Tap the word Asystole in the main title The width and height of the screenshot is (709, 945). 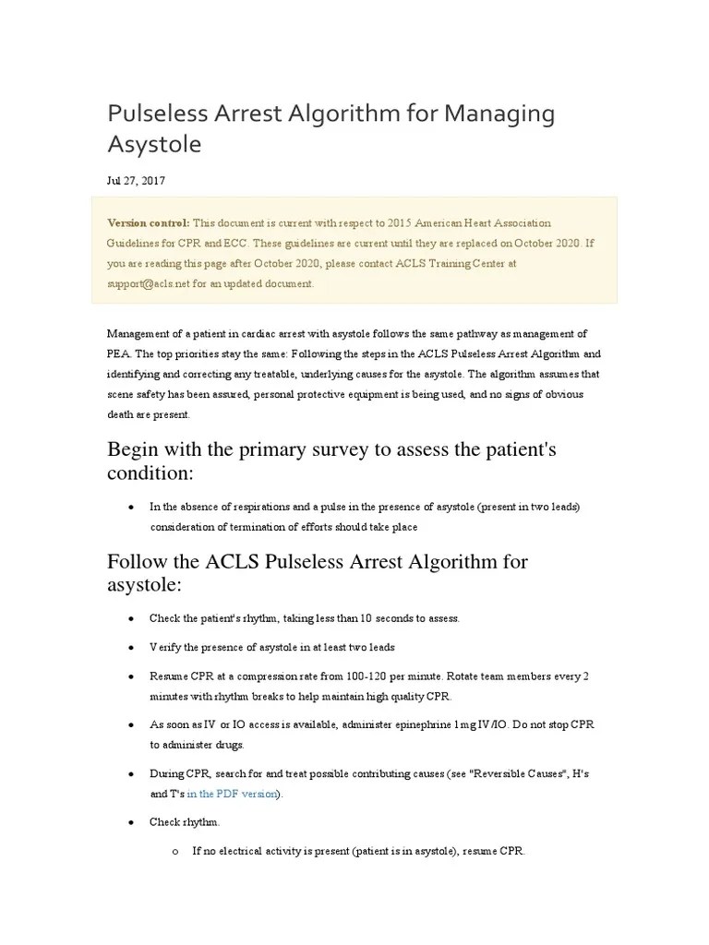point(154,145)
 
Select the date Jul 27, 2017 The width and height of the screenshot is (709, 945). point(136,181)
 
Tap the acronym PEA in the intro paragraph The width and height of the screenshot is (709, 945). point(119,353)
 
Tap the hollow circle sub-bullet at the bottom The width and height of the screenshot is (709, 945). point(174,852)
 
